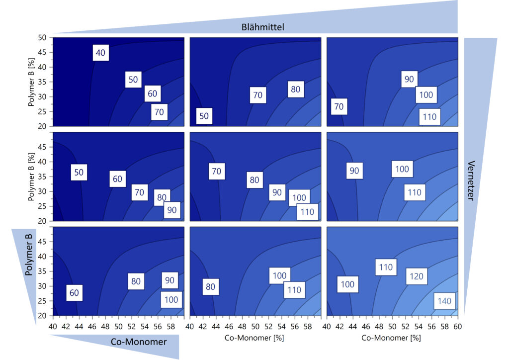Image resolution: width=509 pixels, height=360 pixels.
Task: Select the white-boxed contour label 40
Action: [100, 53]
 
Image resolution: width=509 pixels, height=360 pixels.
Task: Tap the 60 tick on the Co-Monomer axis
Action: [457, 326]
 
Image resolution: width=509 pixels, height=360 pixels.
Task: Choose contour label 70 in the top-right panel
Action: [339, 106]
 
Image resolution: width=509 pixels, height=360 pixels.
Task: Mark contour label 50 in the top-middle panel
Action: [204, 116]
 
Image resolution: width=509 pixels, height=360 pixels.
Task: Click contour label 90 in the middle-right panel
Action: [354, 171]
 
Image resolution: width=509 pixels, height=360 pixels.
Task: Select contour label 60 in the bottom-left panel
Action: [74, 293]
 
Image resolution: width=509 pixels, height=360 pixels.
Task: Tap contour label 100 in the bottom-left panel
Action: [171, 300]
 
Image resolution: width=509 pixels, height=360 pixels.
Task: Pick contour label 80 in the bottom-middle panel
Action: [210, 286]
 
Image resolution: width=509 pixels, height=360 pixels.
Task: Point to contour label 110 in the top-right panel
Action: [428, 117]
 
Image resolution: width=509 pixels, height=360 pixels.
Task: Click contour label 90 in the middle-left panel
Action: [171, 210]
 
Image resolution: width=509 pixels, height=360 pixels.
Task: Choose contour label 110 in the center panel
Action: [307, 212]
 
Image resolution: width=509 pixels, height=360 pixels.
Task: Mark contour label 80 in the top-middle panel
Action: [296, 90]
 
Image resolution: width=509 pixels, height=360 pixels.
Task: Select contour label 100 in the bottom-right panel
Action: [347, 284]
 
